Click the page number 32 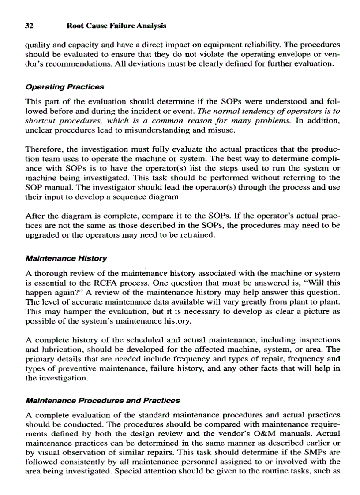[30, 26]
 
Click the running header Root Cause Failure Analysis [116, 26]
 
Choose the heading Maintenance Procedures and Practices [103, 401]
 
